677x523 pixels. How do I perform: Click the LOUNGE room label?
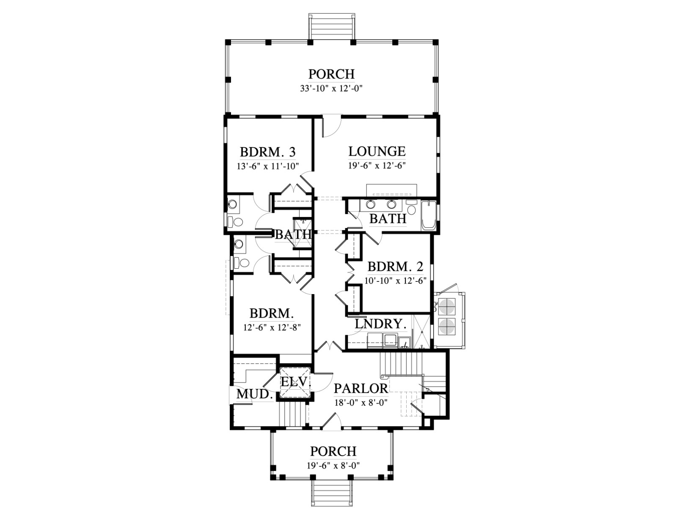click(x=377, y=151)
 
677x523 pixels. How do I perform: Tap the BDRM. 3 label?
click(x=267, y=152)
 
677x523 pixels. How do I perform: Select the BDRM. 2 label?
click(x=395, y=267)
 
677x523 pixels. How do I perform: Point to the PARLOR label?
click(x=361, y=388)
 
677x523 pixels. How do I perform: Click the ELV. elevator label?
click(x=296, y=382)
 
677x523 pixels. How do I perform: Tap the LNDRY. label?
click(x=381, y=324)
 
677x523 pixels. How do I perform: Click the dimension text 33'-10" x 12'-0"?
click(x=331, y=89)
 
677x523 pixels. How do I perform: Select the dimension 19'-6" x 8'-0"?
click(x=333, y=466)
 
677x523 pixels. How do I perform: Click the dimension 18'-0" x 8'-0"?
click(x=361, y=403)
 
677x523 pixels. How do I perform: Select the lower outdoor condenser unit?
click(x=447, y=327)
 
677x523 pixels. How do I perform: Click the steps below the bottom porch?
click(x=332, y=489)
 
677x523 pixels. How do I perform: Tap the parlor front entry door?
click(x=331, y=421)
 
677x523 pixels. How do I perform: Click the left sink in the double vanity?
click(x=370, y=205)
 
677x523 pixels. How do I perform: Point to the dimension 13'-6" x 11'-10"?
click(x=268, y=166)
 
